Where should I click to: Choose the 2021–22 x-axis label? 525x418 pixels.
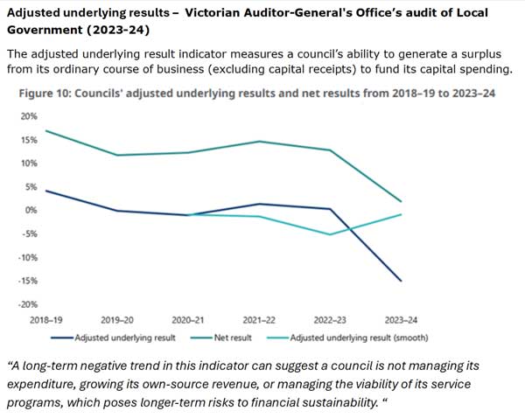(259, 320)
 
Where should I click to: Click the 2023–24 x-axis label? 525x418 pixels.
(402, 320)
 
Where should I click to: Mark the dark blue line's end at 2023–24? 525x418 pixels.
(402, 281)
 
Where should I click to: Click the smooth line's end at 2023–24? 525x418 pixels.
(402, 214)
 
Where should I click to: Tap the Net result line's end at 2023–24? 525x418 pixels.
(402, 202)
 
